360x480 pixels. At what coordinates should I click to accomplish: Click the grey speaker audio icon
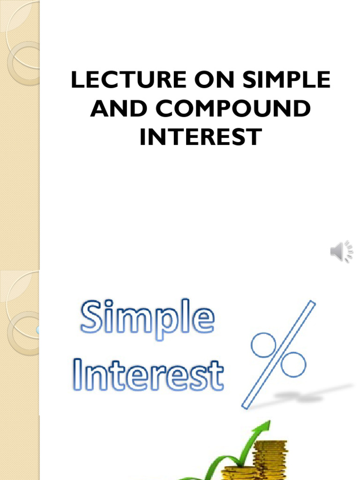(341, 252)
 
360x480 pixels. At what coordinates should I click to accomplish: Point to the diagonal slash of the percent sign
(279, 354)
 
